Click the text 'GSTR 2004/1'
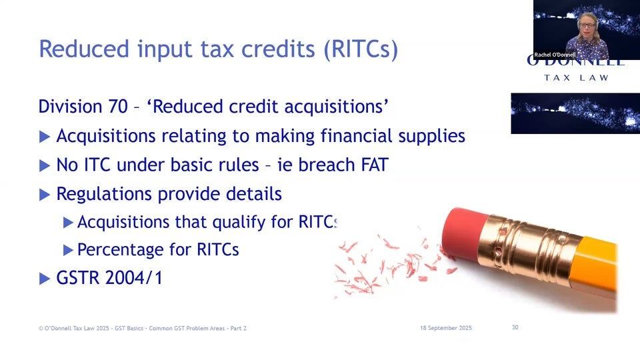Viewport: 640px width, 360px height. pyautogui.click(x=109, y=278)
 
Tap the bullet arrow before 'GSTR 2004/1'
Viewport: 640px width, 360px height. pyautogui.click(x=45, y=279)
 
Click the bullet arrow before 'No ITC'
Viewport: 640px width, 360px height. pyautogui.click(x=45, y=165)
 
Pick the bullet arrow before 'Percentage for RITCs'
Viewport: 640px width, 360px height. pyautogui.click(x=67, y=251)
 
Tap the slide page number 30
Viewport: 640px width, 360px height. pyautogui.click(x=515, y=327)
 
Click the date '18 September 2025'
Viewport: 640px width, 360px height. pyautogui.click(x=446, y=327)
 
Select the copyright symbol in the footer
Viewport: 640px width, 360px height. pyautogui.click(x=41, y=328)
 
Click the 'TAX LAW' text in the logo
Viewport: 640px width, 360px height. pyautogui.click(x=576, y=78)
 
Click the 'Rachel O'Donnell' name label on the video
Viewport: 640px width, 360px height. pyautogui.click(x=555, y=55)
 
